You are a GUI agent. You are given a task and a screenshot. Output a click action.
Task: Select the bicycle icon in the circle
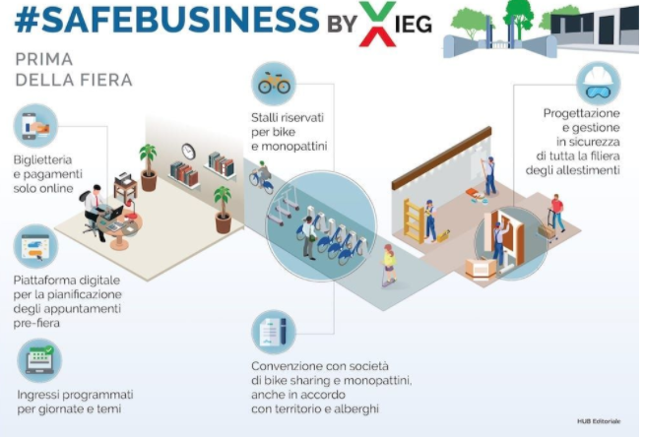pyautogui.click(x=274, y=85)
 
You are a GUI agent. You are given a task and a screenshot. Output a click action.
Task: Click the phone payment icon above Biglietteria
pyautogui.click(x=36, y=125)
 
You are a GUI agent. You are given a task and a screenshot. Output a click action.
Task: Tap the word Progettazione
pyautogui.click(x=582, y=113)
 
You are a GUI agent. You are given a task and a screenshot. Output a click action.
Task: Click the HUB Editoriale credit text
pyautogui.click(x=599, y=421)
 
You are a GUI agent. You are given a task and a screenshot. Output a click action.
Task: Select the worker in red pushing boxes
pyautogui.click(x=557, y=212)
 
